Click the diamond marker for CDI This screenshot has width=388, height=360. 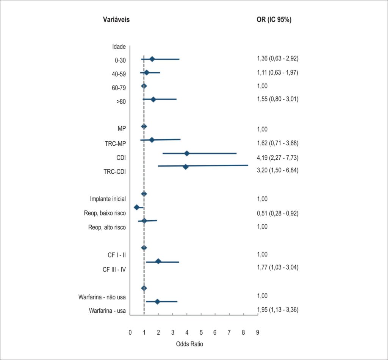187,154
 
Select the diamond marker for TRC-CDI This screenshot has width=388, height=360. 186,167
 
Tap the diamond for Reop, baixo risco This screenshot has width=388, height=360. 136,207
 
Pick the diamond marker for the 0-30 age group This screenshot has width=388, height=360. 152,59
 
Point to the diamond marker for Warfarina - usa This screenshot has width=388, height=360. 157,301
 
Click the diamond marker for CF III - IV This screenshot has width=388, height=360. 158,261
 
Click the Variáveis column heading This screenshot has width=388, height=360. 116,20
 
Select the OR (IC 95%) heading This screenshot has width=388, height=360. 274,20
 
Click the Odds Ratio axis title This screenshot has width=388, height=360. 189,344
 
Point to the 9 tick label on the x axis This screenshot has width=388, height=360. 258,332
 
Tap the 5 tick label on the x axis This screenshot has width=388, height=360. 201,332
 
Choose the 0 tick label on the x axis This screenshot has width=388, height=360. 130,332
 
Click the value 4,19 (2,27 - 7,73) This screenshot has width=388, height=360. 278,157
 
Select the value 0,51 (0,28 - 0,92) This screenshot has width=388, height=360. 278,213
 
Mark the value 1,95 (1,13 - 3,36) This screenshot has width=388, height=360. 278,310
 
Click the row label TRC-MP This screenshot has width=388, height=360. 115,143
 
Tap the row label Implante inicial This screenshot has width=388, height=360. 108,199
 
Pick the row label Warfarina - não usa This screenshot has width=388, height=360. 102,297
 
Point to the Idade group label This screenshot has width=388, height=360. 119,47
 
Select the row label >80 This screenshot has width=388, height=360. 121,101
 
